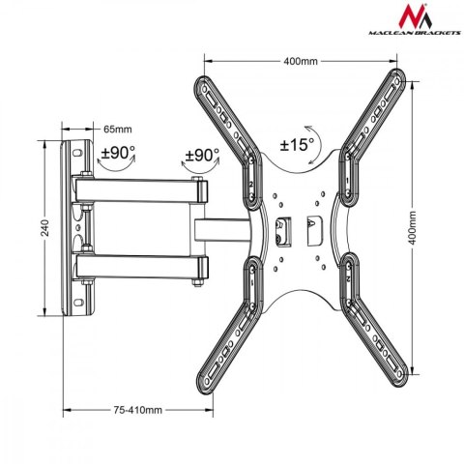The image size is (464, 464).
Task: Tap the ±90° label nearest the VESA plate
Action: coord(201,154)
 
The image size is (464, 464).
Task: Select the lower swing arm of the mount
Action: coord(145,264)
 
